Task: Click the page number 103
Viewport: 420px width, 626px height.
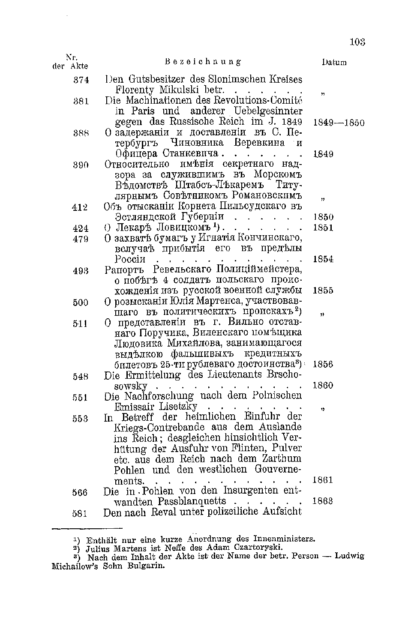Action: [x=357, y=42]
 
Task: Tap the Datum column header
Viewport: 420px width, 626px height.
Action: [x=334, y=63]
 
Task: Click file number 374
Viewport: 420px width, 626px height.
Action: [x=81, y=80]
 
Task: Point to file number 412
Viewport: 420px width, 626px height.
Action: [x=81, y=207]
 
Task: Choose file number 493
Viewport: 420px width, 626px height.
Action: [x=81, y=270]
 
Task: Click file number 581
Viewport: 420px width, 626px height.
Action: [x=81, y=513]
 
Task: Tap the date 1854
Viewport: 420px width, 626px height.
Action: [x=324, y=259]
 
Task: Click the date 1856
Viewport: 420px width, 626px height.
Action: [x=324, y=365]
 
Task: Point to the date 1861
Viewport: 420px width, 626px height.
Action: [x=324, y=480]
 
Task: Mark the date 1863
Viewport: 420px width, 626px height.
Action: [x=324, y=501]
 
